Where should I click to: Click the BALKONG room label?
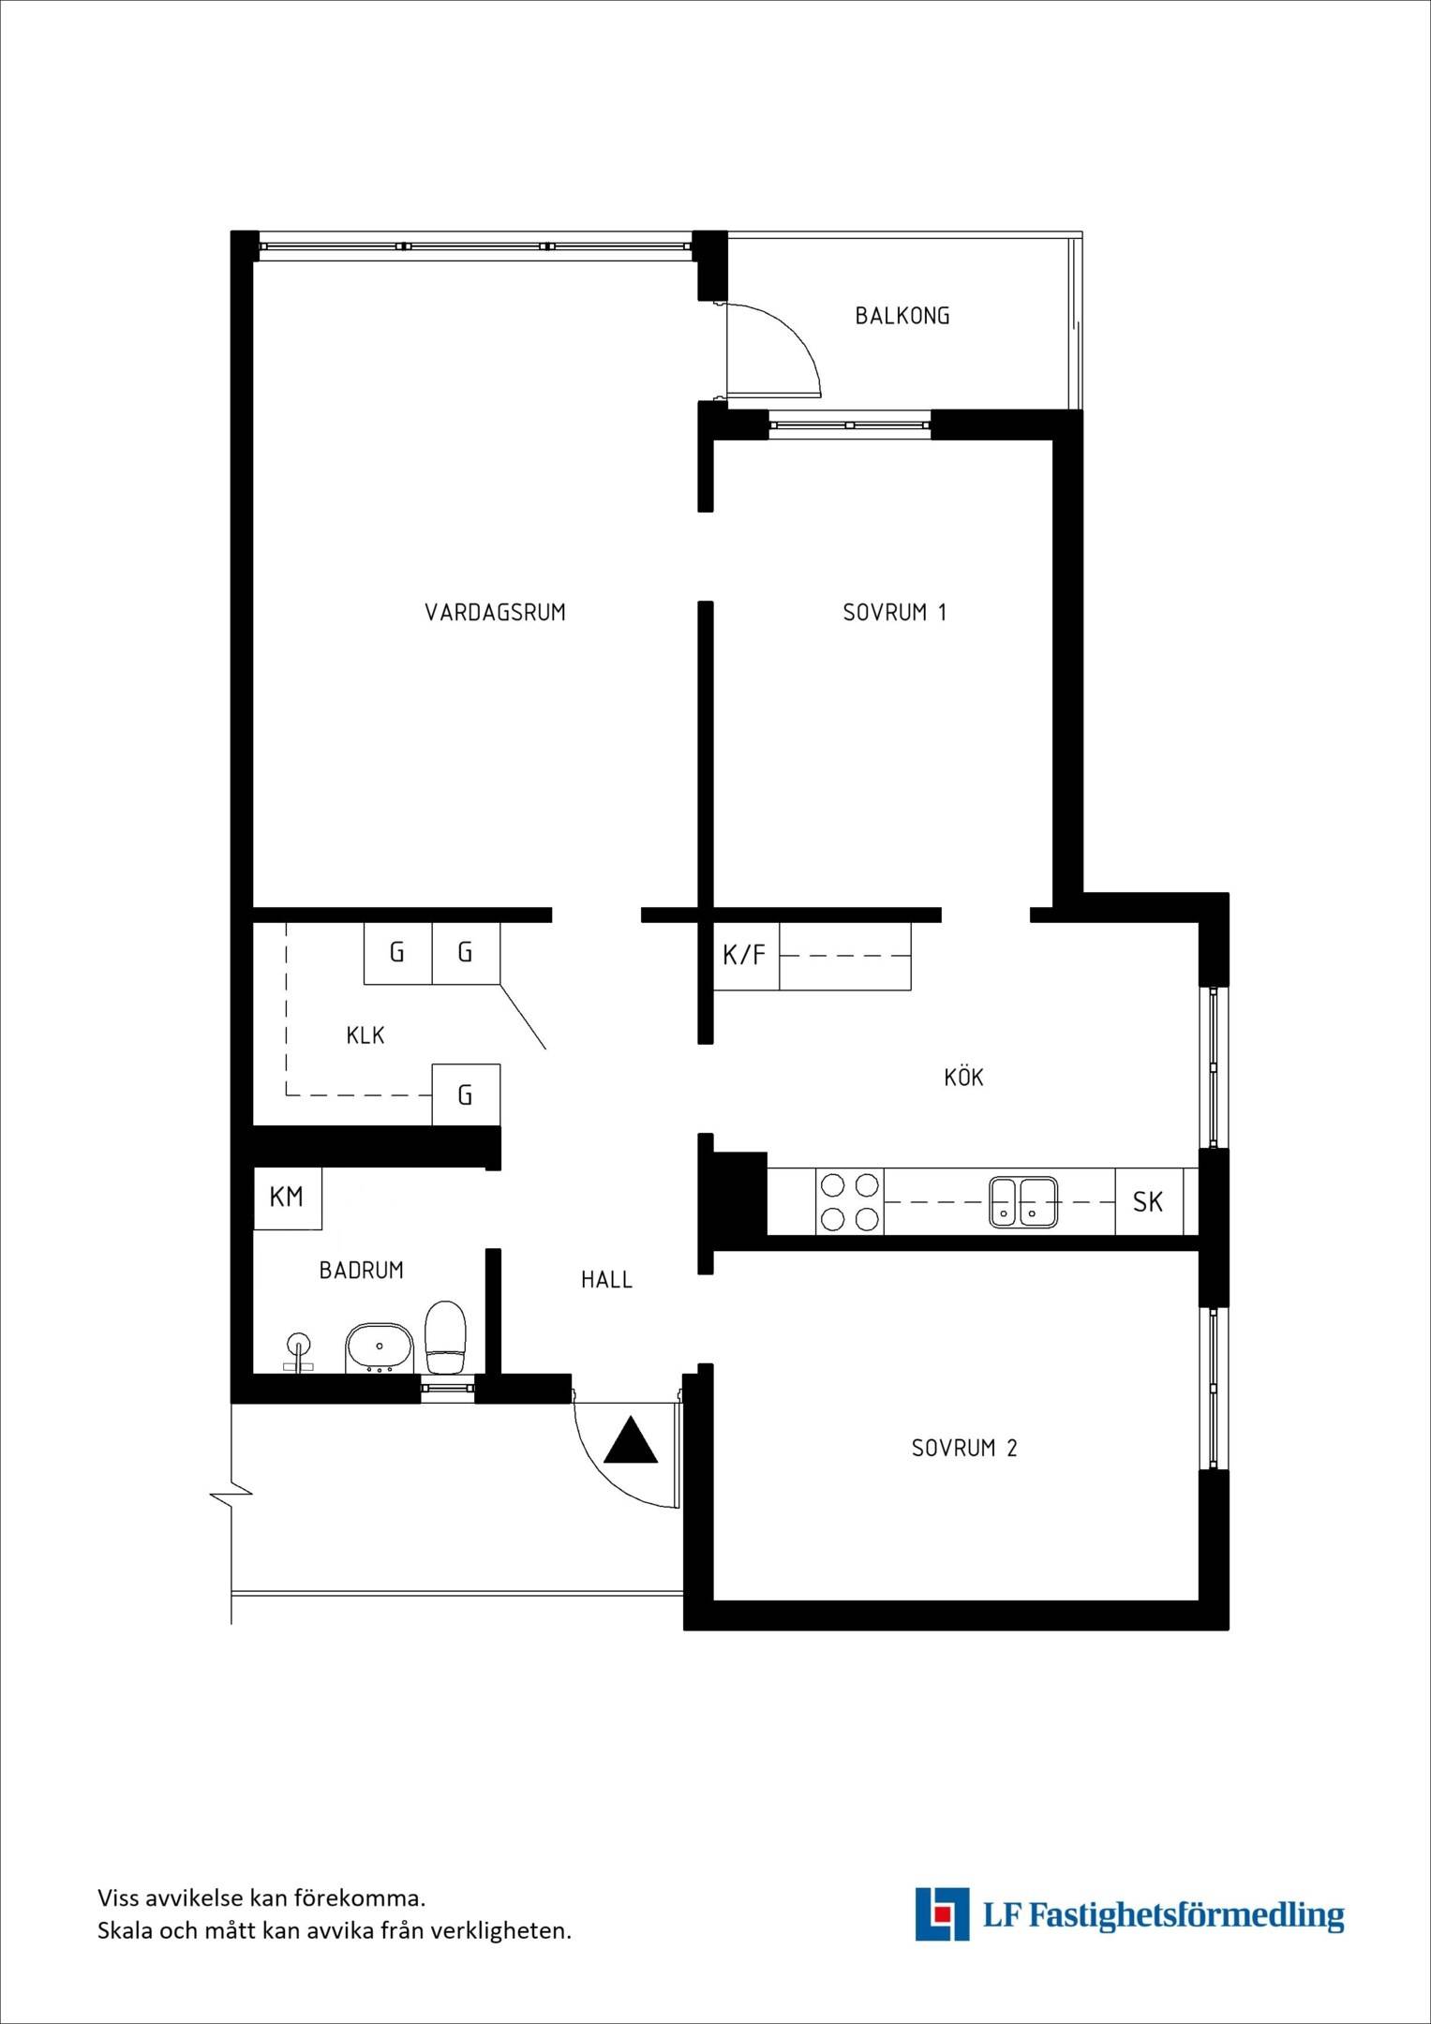902,316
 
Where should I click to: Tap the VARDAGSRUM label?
495,613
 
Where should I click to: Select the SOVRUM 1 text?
895,613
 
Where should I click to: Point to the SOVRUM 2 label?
964,1448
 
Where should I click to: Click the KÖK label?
964,1077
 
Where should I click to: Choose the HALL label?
606,1279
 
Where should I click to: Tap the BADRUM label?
362,1270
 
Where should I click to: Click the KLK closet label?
365,1035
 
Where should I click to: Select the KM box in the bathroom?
288,1198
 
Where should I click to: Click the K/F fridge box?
746,956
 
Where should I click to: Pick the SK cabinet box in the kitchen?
1149,1201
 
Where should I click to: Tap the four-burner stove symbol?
850,1201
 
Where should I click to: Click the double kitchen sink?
1023,1202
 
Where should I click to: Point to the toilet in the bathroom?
445,1338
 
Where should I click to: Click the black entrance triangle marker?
632,1441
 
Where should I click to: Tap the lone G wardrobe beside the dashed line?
466,1094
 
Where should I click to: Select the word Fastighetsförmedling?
1186,1914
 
